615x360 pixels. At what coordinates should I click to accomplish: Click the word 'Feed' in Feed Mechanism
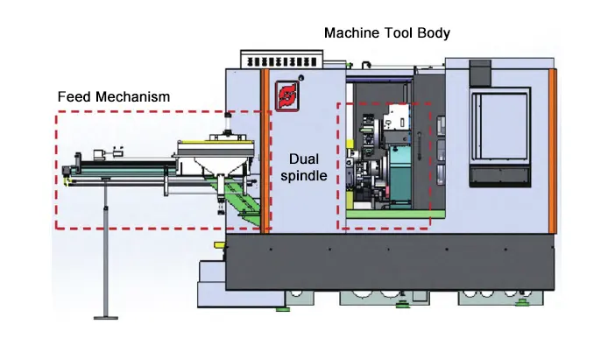pyautogui.click(x=73, y=95)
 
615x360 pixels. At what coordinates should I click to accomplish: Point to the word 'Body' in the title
pyautogui.click(x=435, y=33)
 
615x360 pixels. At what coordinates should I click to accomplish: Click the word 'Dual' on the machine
pyautogui.click(x=305, y=159)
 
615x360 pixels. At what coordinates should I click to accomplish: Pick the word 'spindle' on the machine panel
pyautogui.click(x=305, y=175)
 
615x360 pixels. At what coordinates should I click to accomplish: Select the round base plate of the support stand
pyautogui.click(x=105, y=316)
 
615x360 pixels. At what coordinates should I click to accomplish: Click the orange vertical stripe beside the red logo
pyautogui.click(x=264, y=149)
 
